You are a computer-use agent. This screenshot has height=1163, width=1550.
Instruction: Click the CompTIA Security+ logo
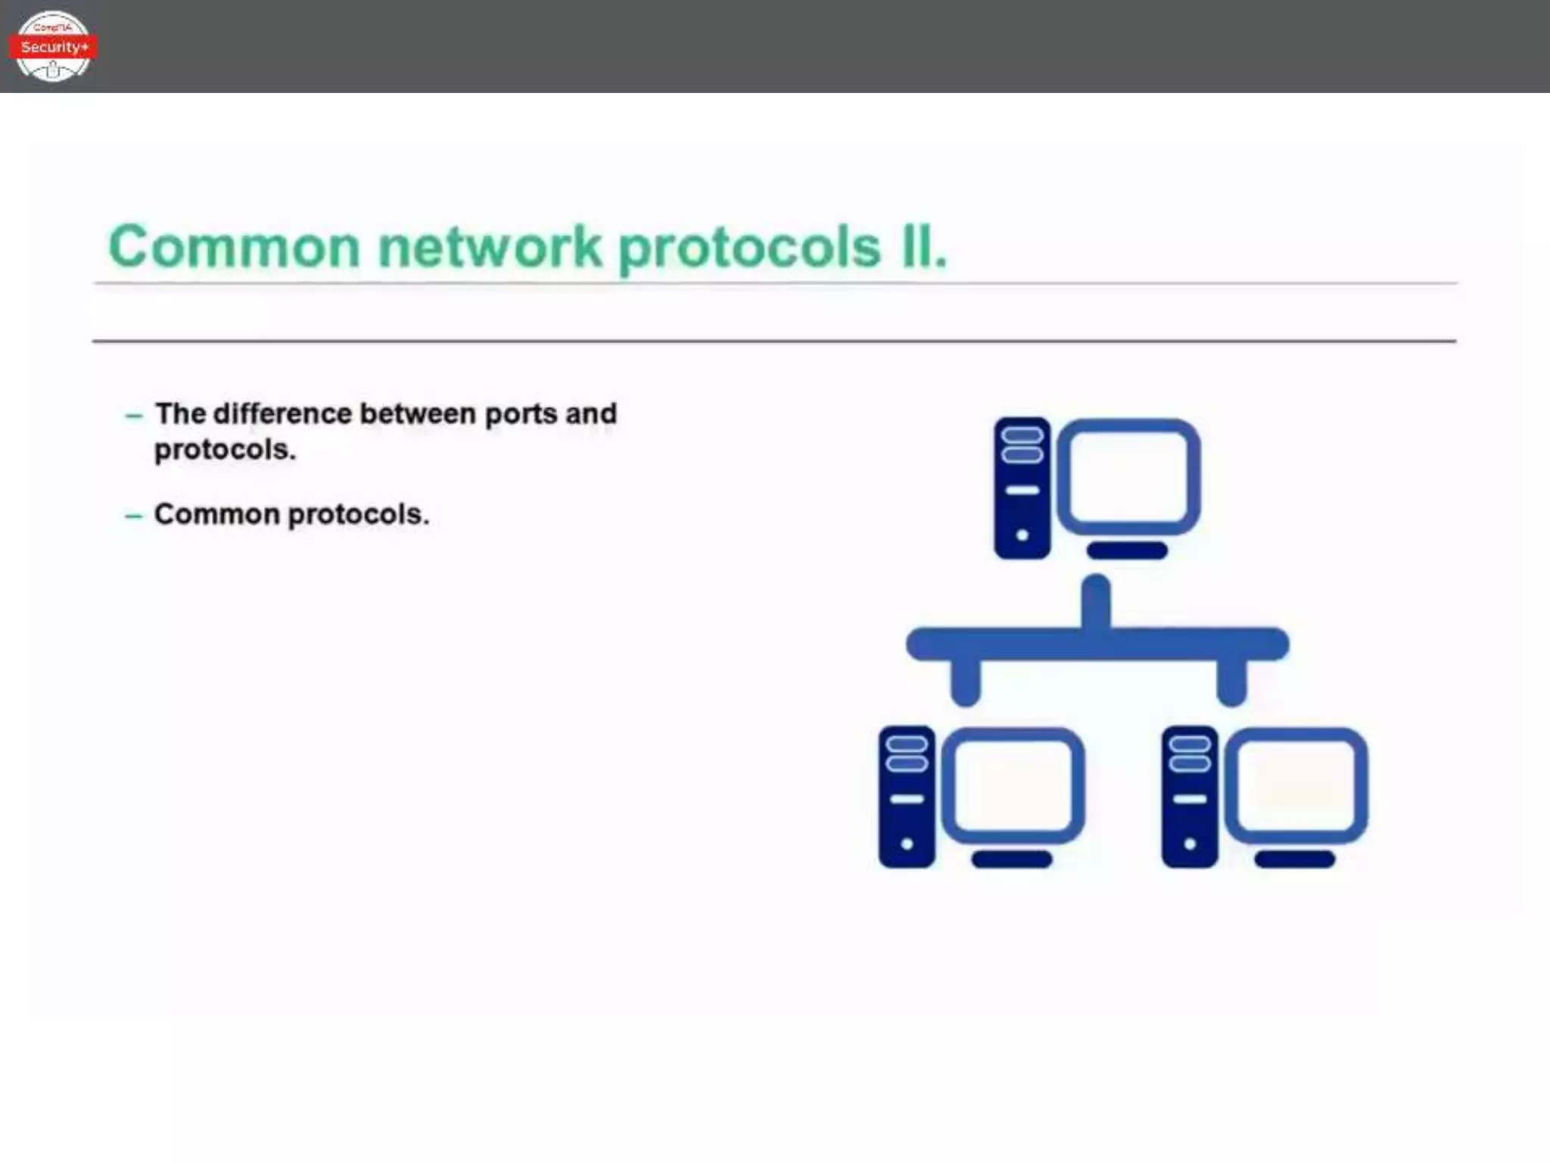(x=53, y=46)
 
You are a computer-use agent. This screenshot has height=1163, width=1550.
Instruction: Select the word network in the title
(x=490, y=247)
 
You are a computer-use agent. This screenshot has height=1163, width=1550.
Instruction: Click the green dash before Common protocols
(x=133, y=516)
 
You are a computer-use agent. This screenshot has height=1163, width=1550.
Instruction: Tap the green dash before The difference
(x=133, y=416)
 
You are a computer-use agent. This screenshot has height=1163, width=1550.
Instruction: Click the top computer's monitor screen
(x=1128, y=476)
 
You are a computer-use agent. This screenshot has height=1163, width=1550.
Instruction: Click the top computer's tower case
(x=1022, y=488)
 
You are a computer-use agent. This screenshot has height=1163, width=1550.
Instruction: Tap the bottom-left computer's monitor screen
(x=1013, y=785)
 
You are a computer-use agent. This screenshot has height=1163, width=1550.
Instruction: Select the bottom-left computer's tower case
(x=907, y=797)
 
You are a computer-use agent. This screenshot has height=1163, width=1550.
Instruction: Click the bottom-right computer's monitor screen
(x=1296, y=785)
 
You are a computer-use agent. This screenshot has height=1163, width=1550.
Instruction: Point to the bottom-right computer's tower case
(x=1190, y=797)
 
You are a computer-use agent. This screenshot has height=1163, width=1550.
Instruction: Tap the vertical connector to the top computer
(x=1096, y=601)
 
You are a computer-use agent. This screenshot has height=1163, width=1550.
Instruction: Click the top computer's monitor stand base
(x=1127, y=550)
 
